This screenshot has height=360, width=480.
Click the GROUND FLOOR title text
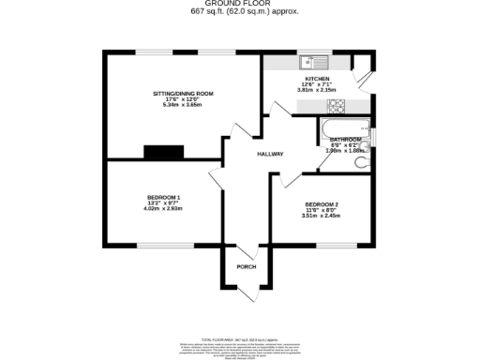[239, 5]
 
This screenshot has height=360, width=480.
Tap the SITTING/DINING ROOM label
[183, 95]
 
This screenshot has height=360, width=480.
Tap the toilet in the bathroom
[363, 161]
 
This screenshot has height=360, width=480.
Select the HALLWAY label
[271, 154]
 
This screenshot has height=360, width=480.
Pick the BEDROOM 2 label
[321, 204]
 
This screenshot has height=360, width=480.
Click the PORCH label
[246, 267]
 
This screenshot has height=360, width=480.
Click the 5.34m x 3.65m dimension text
[183, 103]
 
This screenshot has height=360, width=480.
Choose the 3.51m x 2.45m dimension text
[321, 216]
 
